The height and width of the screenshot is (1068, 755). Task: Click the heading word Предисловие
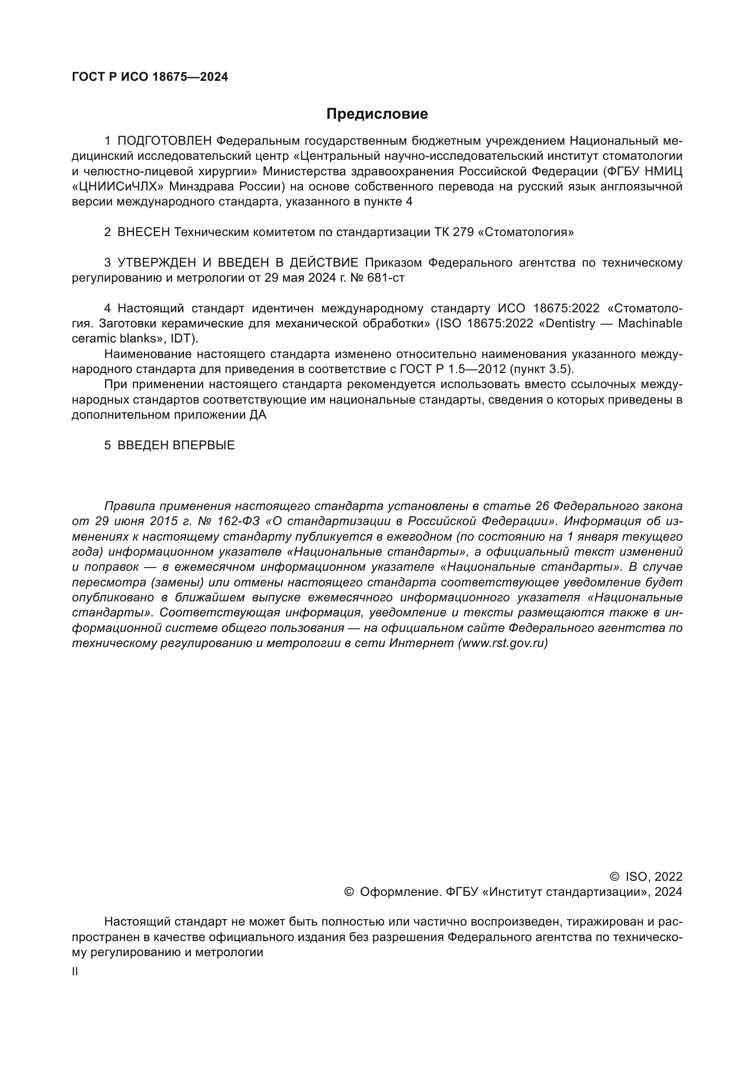pos(377,114)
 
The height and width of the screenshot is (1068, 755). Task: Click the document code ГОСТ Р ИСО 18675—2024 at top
pos(150,77)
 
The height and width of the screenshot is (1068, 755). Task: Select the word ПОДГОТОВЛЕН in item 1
pos(165,141)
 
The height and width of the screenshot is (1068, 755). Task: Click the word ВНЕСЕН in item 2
pos(144,232)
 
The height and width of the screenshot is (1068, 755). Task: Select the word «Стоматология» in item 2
pos(526,232)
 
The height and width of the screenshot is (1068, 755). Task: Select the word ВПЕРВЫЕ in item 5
pos(204,446)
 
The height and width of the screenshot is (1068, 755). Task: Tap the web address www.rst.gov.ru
pos(503,643)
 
